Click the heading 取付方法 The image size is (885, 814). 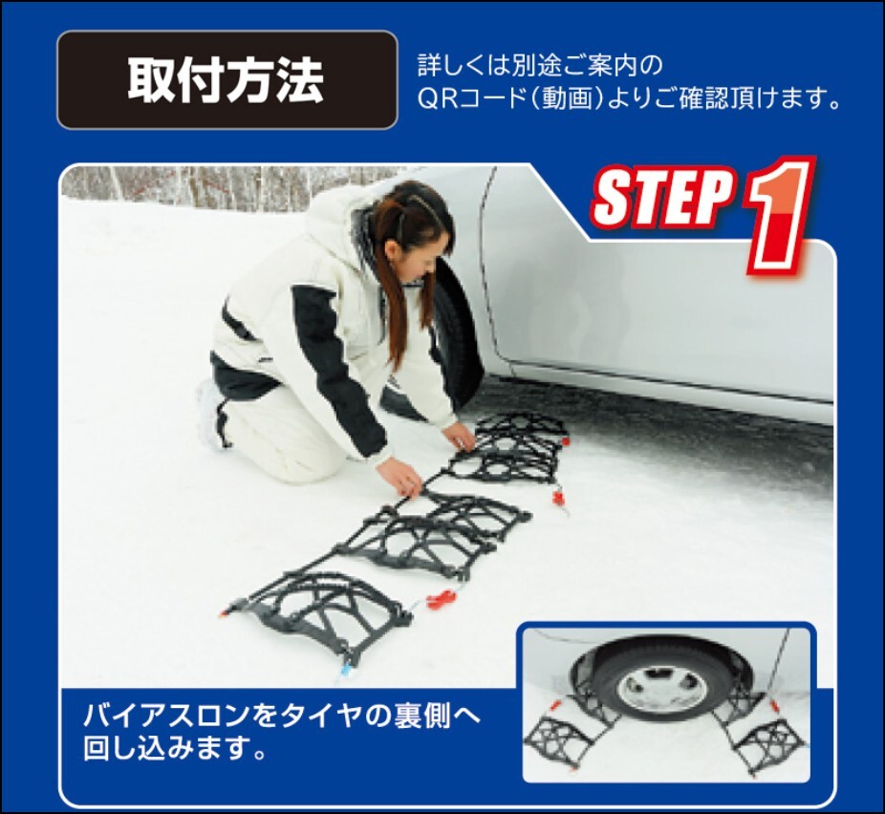point(226,79)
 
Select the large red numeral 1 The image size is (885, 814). point(779,216)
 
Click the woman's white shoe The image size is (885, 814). point(211,413)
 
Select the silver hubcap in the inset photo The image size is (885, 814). point(662,690)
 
